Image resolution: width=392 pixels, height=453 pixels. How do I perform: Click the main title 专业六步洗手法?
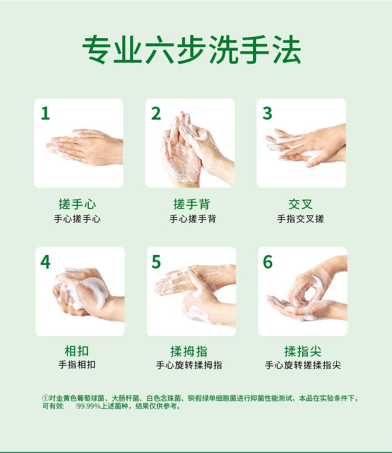tap(192, 50)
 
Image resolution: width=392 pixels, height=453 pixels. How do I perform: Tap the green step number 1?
tap(45, 113)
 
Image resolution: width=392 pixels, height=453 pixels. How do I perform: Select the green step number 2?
tap(156, 113)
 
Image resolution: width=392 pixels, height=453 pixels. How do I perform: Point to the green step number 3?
tap(267, 113)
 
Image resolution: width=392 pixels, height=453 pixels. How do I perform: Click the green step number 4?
tap(45, 262)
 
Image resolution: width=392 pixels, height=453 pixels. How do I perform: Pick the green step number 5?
tap(156, 262)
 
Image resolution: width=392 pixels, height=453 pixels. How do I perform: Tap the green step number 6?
tap(268, 262)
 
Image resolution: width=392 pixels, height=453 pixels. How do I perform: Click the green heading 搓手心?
tap(77, 204)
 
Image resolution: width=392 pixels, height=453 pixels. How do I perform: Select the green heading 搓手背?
tap(192, 204)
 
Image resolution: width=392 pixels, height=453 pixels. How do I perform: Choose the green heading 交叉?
tap(301, 204)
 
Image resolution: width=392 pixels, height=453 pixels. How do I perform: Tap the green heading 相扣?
tap(77, 351)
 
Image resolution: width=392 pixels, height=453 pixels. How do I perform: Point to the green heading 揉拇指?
tap(189, 351)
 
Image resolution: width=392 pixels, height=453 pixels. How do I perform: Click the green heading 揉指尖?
tap(303, 351)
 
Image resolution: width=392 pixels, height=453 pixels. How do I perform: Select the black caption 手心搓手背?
tap(192, 219)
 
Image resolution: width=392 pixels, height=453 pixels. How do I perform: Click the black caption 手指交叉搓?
tap(301, 219)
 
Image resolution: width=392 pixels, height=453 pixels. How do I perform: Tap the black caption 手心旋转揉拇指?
tap(189, 365)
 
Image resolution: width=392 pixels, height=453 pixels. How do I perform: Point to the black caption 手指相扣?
tap(77, 365)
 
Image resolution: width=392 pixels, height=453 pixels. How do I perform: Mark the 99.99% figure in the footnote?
tap(88, 406)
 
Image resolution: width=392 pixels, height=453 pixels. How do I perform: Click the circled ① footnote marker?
tap(45, 398)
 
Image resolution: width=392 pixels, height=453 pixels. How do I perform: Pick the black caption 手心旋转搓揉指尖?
tap(303, 365)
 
